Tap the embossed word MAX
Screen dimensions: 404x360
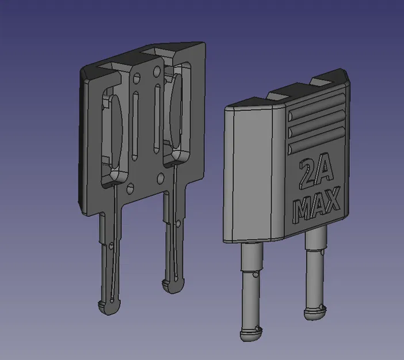[318, 205]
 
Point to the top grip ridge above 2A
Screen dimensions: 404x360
[317, 106]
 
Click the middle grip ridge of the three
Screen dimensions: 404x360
[317, 123]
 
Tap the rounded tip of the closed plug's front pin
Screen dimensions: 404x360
[251, 335]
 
